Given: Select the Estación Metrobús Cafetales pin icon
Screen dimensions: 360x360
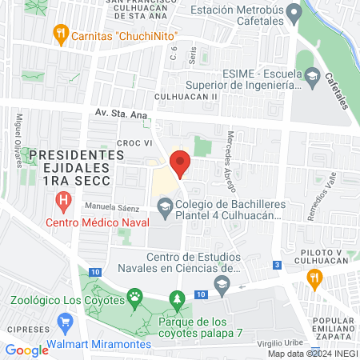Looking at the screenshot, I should (294, 13).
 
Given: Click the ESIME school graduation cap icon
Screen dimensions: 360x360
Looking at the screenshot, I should (313, 77).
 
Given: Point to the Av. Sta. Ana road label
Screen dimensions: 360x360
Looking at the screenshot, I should (119, 115).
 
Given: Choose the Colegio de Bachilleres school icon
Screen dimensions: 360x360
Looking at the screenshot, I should (165, 210).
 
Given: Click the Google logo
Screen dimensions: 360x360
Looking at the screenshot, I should (26, 350).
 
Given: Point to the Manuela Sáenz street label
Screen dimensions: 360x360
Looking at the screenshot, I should (109, 206).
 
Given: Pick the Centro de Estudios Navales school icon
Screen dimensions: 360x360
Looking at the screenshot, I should (222, 281).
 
